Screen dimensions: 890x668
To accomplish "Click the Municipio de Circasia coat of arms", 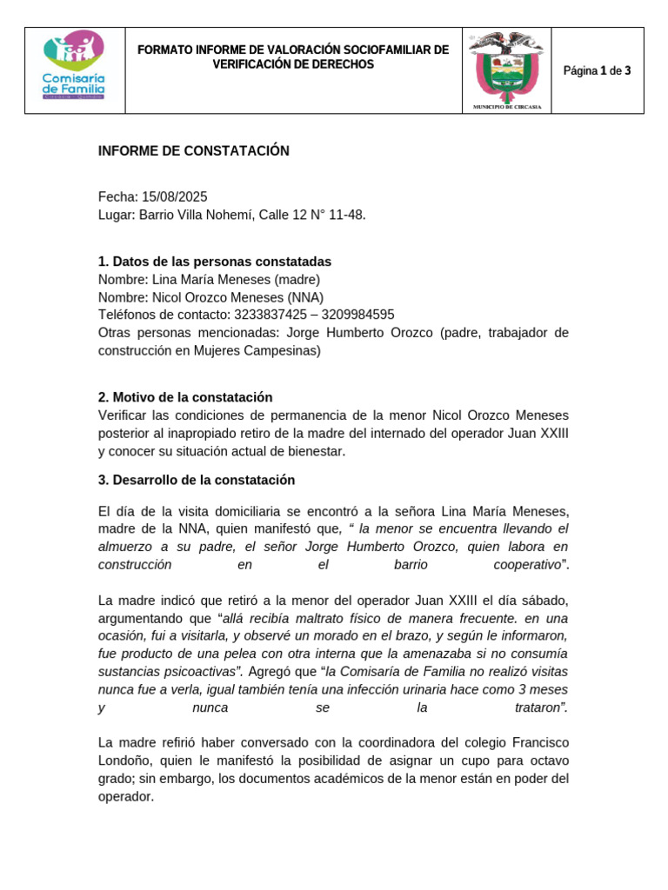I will [506, 70].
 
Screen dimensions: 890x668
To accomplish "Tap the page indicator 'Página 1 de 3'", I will [597, 71].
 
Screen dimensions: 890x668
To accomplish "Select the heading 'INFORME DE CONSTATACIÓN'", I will [193, 151].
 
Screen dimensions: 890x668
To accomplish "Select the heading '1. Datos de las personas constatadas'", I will [214, 262].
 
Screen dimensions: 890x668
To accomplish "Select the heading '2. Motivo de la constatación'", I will [185, 397].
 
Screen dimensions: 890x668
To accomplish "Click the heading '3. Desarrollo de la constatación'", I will [197, 480].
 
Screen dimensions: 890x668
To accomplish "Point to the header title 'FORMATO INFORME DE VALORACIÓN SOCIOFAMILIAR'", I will [293, 50].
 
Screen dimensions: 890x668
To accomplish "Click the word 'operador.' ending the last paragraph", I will [126, 795].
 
